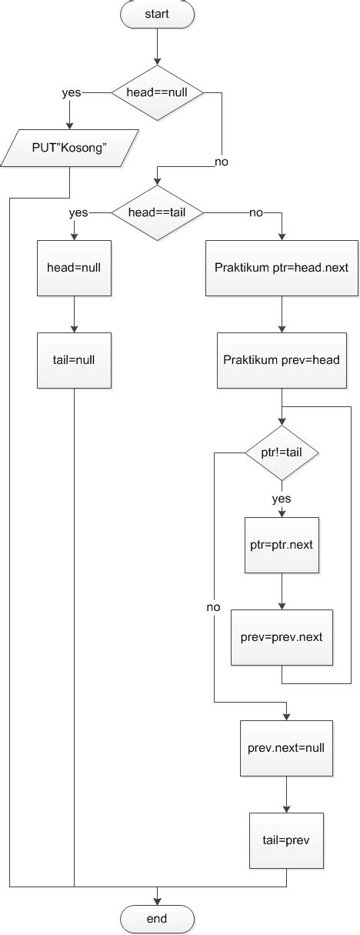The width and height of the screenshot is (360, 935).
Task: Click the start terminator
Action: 158,13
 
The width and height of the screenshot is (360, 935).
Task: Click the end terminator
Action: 158,918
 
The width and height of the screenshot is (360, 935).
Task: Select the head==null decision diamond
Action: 158,92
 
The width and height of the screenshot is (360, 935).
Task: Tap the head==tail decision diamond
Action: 158,212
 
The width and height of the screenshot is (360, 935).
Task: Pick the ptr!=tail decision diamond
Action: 282,452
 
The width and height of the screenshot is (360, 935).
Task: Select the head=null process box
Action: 74,268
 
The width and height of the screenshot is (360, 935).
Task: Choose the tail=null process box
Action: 74,360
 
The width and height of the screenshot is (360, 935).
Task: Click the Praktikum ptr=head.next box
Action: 282,268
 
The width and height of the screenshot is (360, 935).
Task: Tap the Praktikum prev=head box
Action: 282,360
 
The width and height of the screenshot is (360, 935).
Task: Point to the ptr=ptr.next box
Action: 282,545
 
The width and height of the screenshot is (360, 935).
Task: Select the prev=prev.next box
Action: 282,637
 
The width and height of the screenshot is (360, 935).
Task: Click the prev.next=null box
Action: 286,748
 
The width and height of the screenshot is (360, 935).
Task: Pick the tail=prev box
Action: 286,840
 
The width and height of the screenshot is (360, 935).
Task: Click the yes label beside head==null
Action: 71,92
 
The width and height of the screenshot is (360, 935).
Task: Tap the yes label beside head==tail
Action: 78,212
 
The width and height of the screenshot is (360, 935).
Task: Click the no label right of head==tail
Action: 255,212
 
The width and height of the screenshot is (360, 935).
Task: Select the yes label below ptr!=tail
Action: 282,498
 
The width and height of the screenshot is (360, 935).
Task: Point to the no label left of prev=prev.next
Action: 213,607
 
